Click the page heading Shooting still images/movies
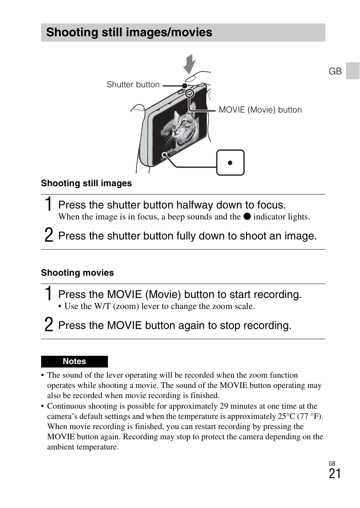coord(129,32)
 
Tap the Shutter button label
coord(133,85)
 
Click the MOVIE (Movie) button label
coord(260,110)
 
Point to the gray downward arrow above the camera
coord(189,64)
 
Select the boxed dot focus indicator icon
coord(230,163)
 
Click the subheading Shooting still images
coord(86,183)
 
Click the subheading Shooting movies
coord(77,273)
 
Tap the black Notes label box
coord(74,361)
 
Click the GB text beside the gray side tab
coord(335,71)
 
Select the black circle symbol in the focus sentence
coord(247,216)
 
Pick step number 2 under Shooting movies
coord(49,325)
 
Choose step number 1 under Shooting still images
coord(48,204)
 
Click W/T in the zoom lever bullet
coord(102,306)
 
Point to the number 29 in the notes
coord(223,406)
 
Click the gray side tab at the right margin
coord(353,71)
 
